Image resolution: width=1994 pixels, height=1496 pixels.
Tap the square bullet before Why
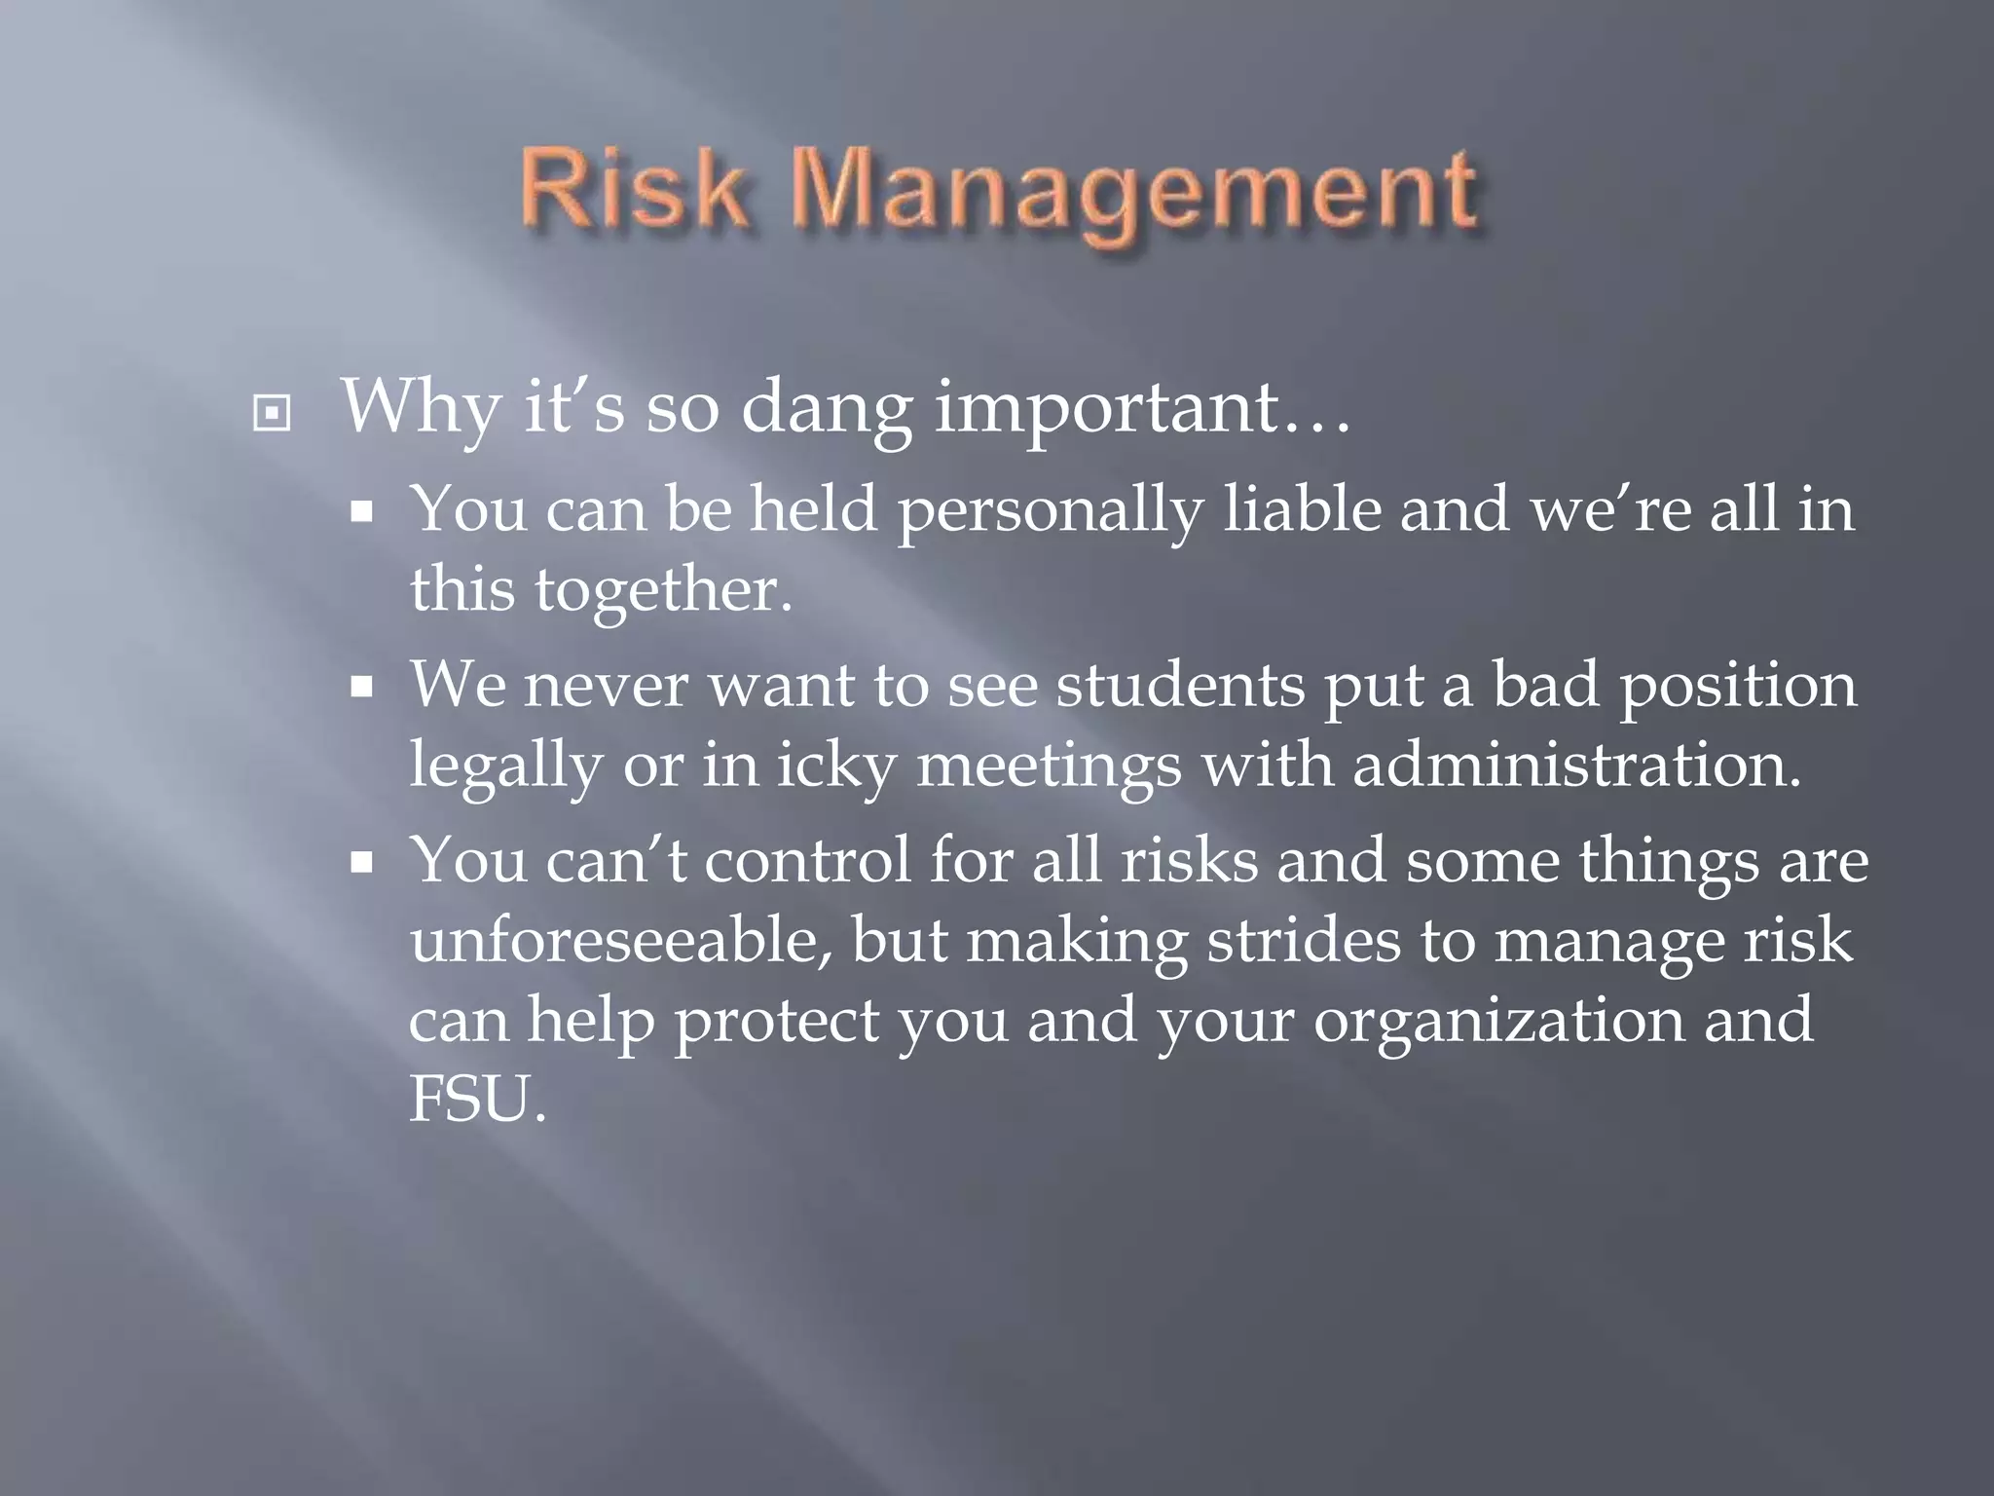(271, 415)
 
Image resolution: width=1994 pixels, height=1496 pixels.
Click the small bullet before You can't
(362, 863)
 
